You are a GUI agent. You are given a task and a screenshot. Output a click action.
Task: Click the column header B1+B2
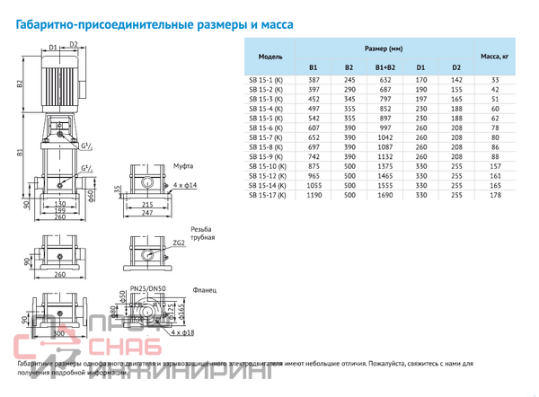(384, 67)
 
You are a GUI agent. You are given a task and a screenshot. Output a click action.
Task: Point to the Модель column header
(269, 56)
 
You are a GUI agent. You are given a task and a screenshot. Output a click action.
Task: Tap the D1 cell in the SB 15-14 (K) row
(420, 185)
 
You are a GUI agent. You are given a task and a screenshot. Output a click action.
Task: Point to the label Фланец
(203, 290)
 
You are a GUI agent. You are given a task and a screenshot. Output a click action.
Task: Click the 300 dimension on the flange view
(59, 333)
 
